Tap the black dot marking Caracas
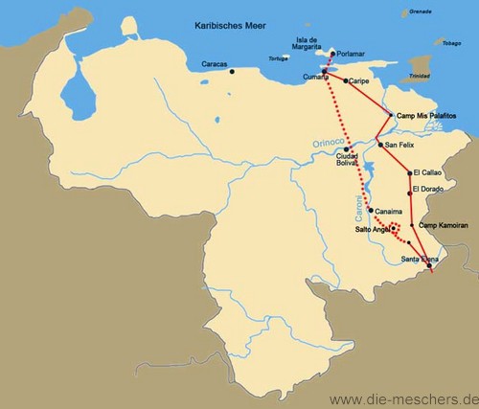[x=232, y=71]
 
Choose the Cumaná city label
[x=315, y=75]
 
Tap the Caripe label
[x=358, y=81]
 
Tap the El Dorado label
[x=427, y=190]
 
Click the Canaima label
[x=389, y=211]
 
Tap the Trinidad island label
[x=419, y=76]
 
